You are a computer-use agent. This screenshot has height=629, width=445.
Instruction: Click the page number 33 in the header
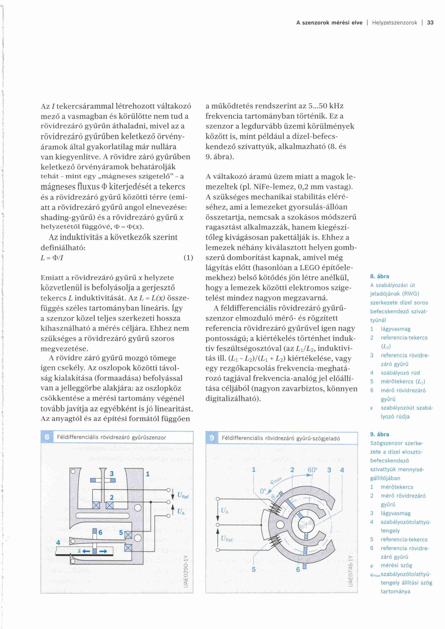pyautogui.click(x=430, y=23)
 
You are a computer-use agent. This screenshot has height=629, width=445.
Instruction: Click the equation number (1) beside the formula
pyautogui.click(x=188, y=258)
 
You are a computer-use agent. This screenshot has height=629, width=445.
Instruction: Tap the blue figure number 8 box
pyautogui.click(x=47, y=437)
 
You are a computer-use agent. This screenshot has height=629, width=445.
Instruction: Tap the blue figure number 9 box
pyautogui.click(x=212, y=438)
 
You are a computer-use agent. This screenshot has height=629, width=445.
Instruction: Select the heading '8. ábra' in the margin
pyautogui.click(x=380, y=276)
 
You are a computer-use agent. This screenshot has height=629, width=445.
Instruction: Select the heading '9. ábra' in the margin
pyautogui.click(x=380, y=434)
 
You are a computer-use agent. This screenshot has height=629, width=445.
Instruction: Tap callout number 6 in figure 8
pyautogui.click(x=100, y=532)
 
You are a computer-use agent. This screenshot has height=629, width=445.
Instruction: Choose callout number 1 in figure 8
pyautogui.click(x=148, y=474)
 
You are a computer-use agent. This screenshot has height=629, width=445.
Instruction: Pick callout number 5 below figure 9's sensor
pyautogui.click(x=254, y=570)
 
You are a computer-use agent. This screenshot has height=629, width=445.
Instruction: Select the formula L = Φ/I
pyautogui.click(x=52, y=258)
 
